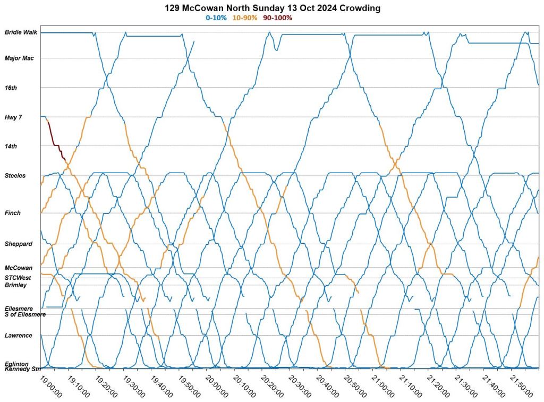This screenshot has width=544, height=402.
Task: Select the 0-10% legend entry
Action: coord(216,18)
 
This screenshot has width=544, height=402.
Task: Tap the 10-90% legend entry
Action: coord(245,18)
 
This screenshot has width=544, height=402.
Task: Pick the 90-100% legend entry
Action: coord(277,18)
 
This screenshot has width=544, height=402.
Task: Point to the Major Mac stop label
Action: coord(19,58)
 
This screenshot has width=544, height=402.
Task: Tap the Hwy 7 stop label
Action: coord(13,117)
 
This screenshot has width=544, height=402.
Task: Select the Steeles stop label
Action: coord(15,175)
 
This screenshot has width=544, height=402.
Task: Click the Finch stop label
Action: coord(13,213)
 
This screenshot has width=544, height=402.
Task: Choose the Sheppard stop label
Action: coord(19,244)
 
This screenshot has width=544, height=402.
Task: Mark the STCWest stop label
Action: coord(18,278)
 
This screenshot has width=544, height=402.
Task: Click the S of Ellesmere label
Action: coord(25,314)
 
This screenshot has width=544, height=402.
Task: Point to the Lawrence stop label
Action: coord(19,335)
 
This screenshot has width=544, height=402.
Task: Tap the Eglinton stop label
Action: coord(16,364)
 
